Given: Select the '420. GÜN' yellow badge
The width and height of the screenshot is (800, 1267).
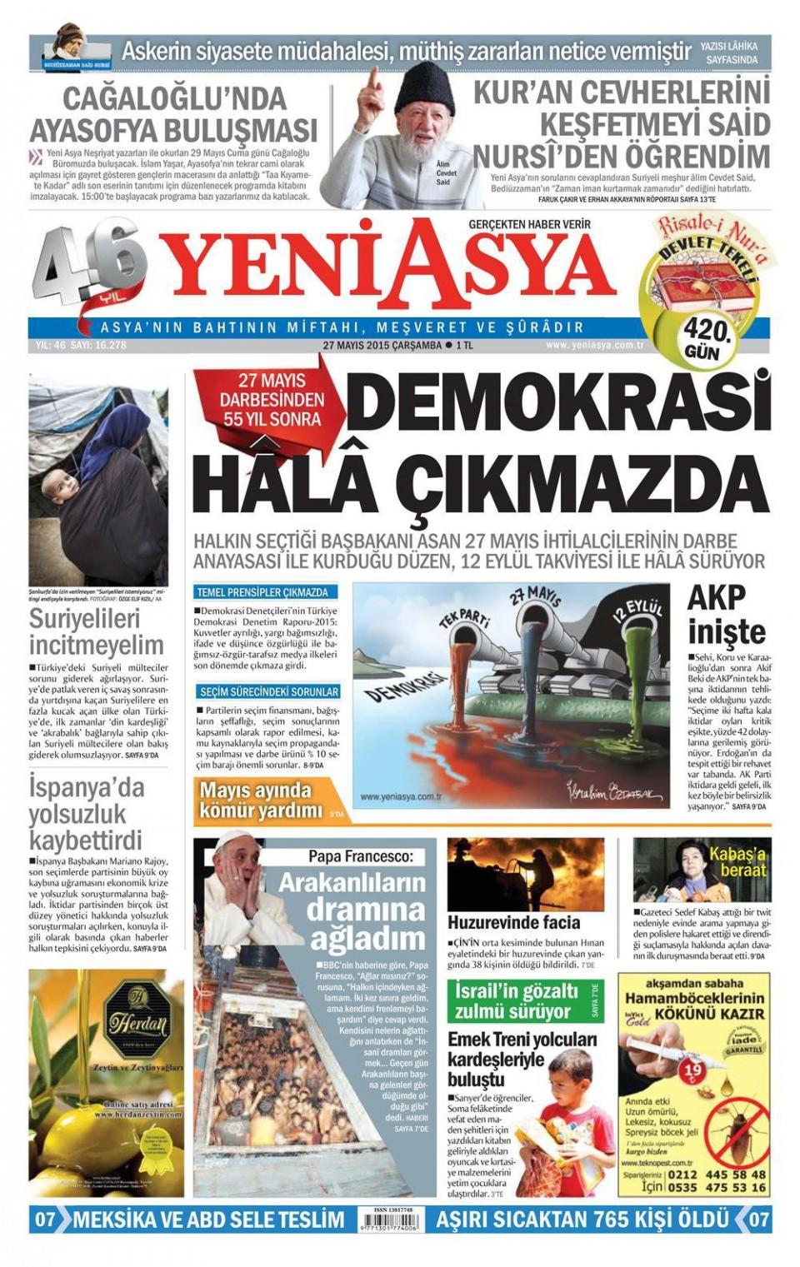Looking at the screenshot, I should (x=706, y=337).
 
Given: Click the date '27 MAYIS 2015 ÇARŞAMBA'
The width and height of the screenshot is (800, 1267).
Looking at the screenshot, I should (x=382, y=346).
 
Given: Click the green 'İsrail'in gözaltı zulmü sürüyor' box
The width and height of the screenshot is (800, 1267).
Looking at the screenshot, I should (x=520, y=1001).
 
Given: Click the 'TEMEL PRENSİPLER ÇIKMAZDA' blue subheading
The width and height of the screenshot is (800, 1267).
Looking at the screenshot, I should (x=262, y=592).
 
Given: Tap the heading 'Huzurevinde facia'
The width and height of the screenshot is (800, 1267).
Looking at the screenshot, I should (x=513, y=922).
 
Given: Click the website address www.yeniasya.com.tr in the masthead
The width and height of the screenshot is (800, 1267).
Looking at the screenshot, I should (x=594, y=345).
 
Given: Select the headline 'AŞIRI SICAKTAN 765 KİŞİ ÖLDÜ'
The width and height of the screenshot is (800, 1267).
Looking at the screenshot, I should (x=582, y=1220).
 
